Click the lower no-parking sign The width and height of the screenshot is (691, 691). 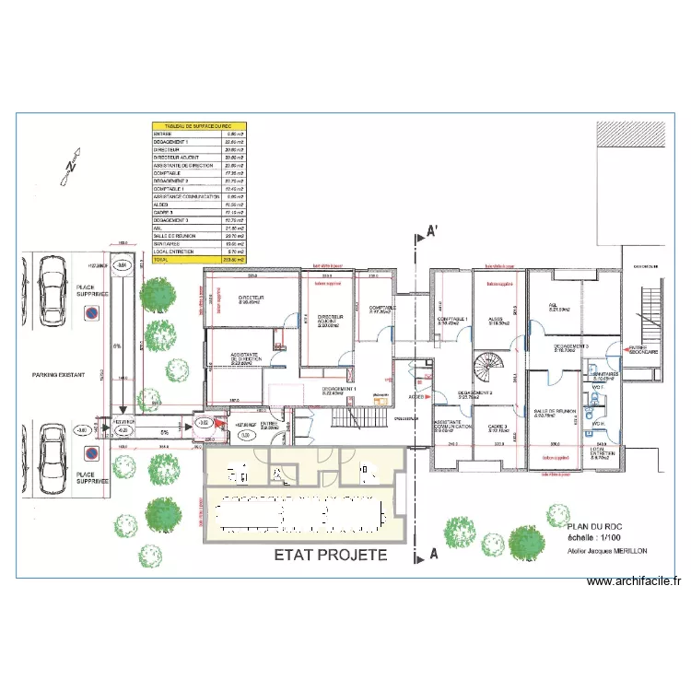click(x=91, y=452)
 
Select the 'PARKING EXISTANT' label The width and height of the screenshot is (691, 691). click(x=58, y=375)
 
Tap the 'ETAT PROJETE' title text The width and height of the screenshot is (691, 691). click(x=331, y=556)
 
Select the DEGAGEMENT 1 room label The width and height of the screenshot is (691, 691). click(x=339, y=391)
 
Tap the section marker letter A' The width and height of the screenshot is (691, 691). click(x=430, y=232)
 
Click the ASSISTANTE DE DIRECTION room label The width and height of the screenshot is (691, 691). click(x=247, y=359)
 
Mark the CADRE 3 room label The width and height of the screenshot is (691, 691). click(x=498, y=428)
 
